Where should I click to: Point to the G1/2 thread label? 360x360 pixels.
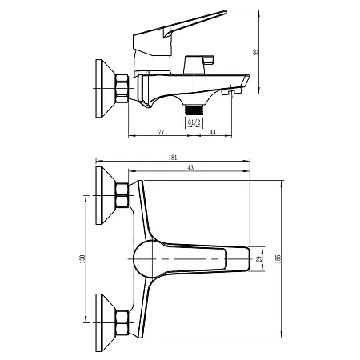pos(194,122)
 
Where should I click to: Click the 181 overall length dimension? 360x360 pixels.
pos(174,158)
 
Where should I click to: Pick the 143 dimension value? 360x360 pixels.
pos(190,167)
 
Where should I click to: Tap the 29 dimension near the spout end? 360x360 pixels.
pos(258,259)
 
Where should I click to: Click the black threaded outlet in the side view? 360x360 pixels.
pos(193,110)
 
